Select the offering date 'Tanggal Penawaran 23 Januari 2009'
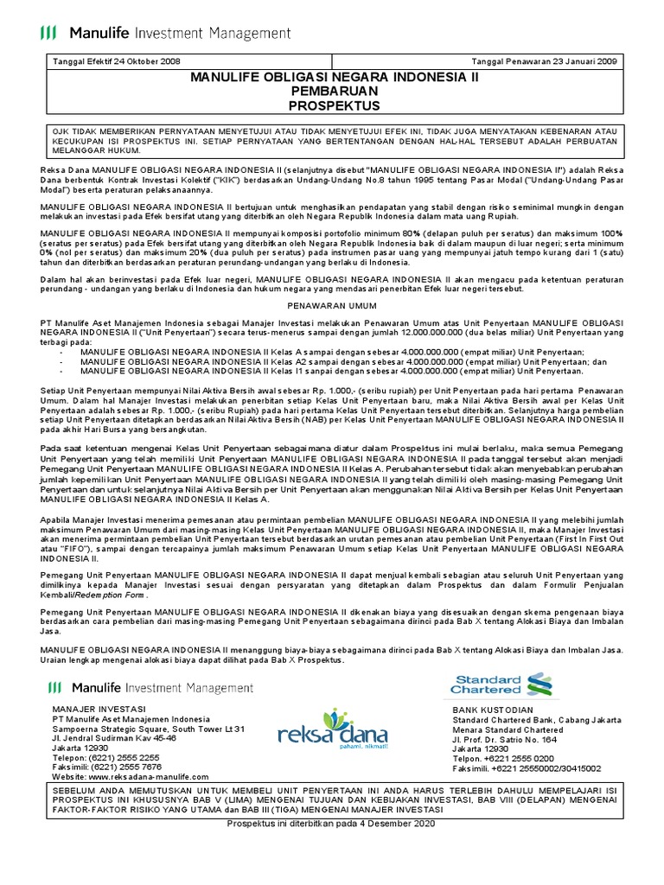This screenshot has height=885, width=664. tap(547, 61)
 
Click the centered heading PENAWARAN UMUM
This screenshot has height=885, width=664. tap(333, 305)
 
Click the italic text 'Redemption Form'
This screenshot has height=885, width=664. tap(112, 595)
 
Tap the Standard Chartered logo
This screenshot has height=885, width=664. tap(501, 683)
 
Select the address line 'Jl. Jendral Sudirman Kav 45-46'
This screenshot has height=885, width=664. tap(115, 739)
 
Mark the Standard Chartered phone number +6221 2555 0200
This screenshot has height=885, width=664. tap(510, 758)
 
